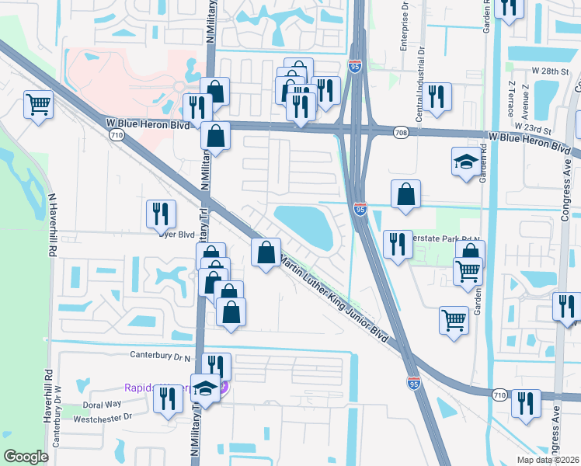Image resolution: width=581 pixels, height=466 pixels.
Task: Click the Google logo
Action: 26,457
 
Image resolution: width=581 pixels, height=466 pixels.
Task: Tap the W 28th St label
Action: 551,71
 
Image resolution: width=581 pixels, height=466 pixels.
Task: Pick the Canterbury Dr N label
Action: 162,357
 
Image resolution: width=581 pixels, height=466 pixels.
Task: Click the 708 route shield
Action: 400,133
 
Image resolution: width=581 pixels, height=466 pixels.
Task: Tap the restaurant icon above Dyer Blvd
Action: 162,213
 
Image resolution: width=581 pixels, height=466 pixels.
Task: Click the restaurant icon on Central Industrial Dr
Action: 437,96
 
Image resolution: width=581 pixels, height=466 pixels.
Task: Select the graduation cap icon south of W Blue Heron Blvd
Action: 466,162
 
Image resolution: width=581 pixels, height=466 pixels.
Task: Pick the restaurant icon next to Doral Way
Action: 168,398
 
